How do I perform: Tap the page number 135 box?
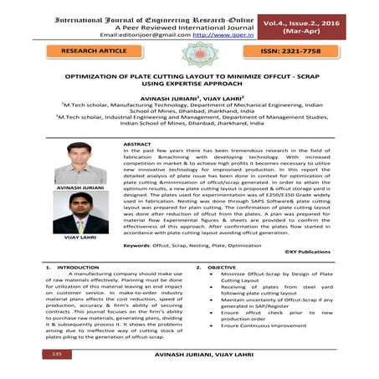[57, 355]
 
